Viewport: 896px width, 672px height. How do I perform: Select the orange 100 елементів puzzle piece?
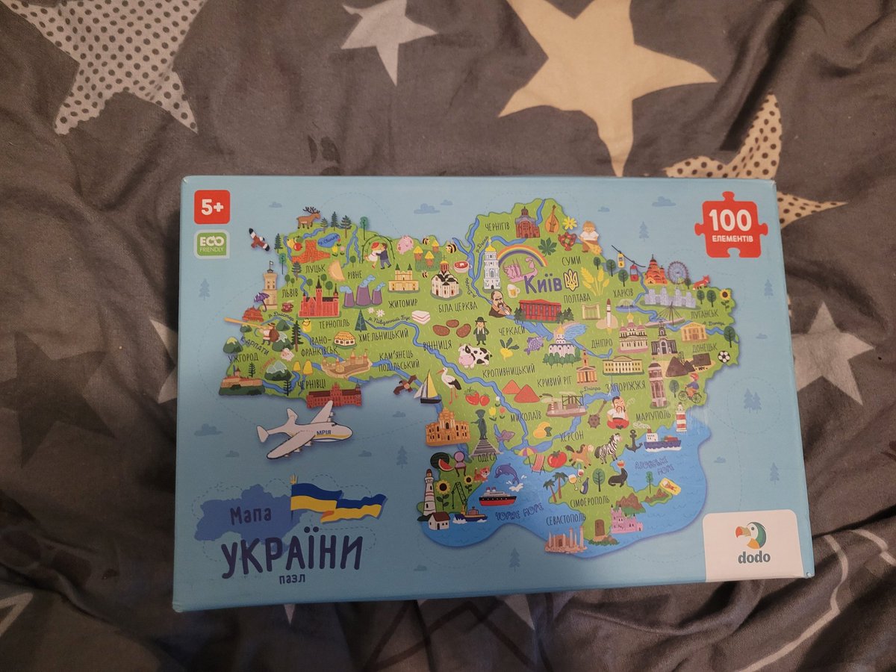tap(730, 224)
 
